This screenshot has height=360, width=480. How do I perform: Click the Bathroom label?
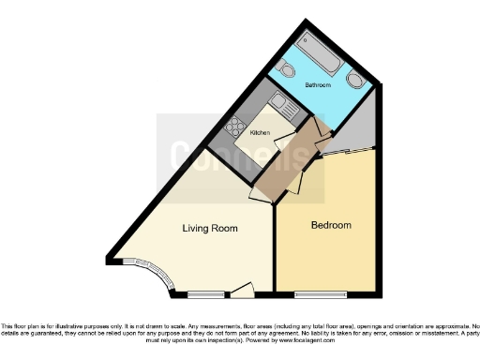(319, 85)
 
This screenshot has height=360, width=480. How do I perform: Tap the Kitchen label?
(260, 133)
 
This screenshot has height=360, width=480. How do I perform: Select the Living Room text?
(209, 229)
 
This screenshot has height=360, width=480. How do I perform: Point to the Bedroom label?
(331, 226)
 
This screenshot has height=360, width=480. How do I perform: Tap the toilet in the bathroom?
(289, 70)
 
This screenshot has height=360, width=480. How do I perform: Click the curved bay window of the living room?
(154, 276)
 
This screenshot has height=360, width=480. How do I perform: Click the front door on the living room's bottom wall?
(243, 290)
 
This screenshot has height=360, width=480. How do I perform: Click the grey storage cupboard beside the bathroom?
(356, 137)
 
